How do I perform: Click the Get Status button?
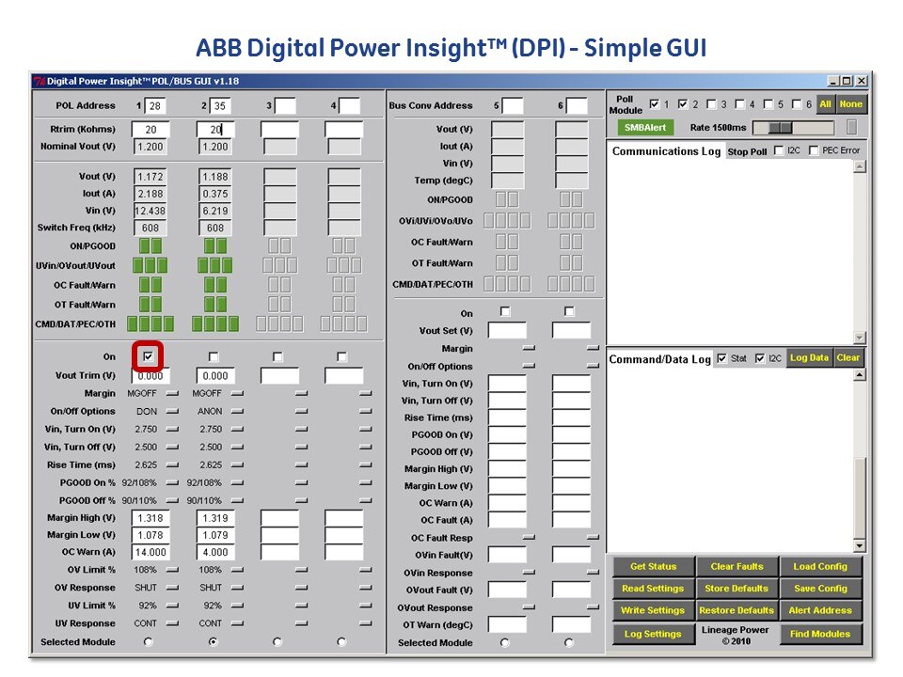click(x=653, y=566)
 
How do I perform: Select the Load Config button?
click(x=820, y=566)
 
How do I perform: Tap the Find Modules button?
click(x=820, y=634)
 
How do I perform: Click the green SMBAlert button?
click(x=645, y=127)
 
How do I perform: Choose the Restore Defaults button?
click(x=737, y=610)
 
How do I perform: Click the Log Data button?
click(x=809, y=357)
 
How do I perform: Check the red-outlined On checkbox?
click(x=148, y=356)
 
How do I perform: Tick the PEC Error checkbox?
click(x=813, y=150)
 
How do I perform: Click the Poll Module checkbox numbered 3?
click(x=711, y=104)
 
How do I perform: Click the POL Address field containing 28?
click(x=154, y=106)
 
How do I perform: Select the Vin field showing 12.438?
click(x=150, y=211)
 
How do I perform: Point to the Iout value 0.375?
click(x=215, y=194)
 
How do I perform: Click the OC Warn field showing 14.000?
click(x=150, y=552)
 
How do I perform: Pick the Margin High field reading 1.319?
click(x=215, y=518)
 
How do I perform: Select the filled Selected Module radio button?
click(x=214, y=641)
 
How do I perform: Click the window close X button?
click(x=861, y=81)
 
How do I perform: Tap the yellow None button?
click(x=850, y=104)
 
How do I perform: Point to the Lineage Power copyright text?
click(x=736, y=635)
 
